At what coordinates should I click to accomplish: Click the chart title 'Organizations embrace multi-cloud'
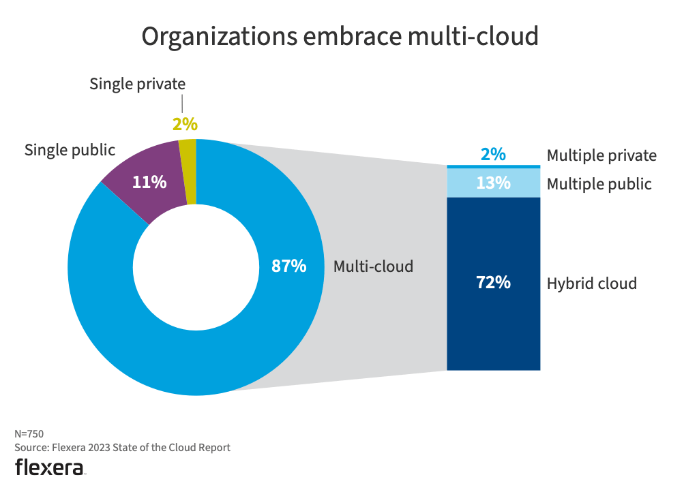point(340,37)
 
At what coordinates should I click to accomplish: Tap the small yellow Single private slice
point(188,170)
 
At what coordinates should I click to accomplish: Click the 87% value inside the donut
point(288,266)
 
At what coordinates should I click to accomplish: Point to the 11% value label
point(149,182)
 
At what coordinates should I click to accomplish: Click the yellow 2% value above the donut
point(184,124)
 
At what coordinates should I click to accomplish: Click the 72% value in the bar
point(493,282)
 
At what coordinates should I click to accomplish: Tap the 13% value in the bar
point(493,183)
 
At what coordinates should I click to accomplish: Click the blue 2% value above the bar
point(493,155)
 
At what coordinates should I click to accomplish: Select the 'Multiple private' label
point(601,155)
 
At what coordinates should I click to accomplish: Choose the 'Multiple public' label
point(599,184)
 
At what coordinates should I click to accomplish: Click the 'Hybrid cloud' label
point(591,283)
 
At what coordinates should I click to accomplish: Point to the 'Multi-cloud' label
point(373,266)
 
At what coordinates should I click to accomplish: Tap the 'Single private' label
point(137,84)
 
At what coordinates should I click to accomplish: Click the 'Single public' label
point(70,150)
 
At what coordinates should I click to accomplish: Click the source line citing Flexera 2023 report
point(122,448)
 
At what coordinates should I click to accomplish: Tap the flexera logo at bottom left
point(50,467)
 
